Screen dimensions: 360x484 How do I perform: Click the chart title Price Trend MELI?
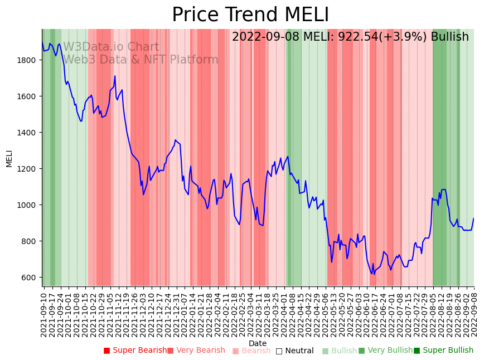(250, 15)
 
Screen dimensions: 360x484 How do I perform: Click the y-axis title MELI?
(9, 158)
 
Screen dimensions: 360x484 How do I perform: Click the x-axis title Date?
(258, 343)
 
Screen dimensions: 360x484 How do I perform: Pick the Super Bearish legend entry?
(135, 351)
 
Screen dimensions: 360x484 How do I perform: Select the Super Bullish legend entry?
(443, 351)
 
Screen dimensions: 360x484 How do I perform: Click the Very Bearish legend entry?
(196, 351)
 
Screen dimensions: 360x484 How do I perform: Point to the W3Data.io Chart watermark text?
(111, 47)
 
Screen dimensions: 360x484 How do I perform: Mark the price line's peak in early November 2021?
(115, 76)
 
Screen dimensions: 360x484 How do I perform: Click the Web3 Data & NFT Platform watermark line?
(141, 60)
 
